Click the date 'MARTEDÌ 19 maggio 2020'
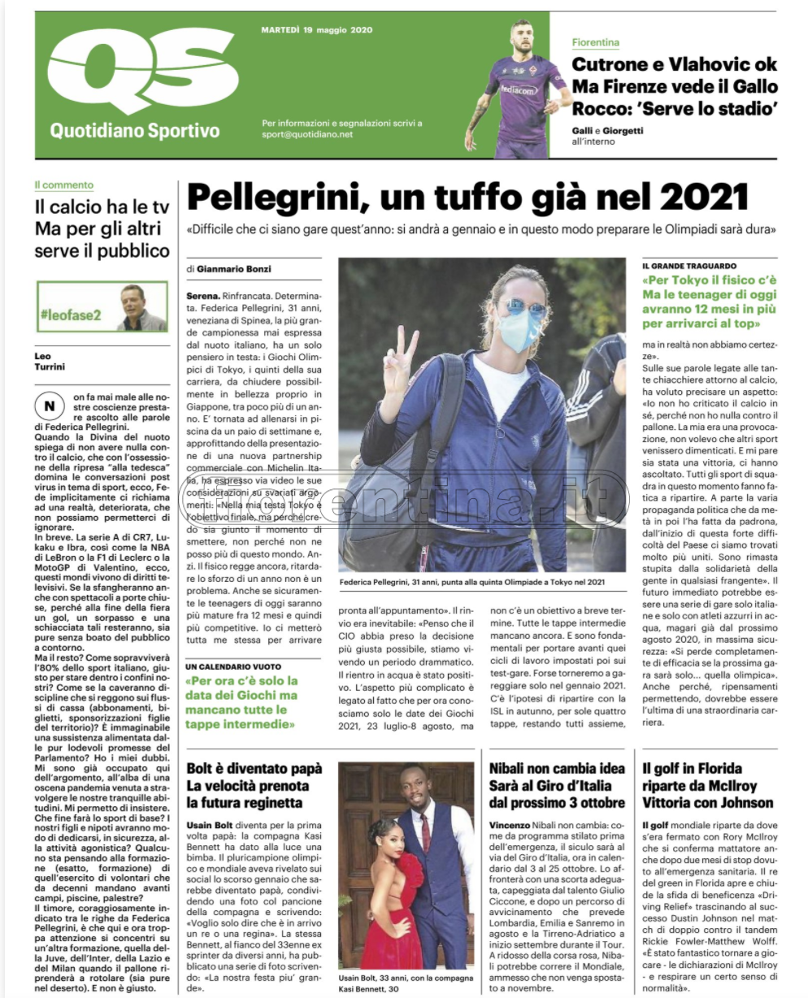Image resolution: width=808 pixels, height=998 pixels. (x=316, y=30)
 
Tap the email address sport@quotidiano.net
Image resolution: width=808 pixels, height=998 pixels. (x=307, y=135)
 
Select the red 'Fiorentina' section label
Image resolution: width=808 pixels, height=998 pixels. (x=595, y=42)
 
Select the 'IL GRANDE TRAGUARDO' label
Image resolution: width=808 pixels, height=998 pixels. (x=689, y=266)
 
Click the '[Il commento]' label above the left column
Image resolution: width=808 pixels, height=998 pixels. (x=63, y=184)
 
